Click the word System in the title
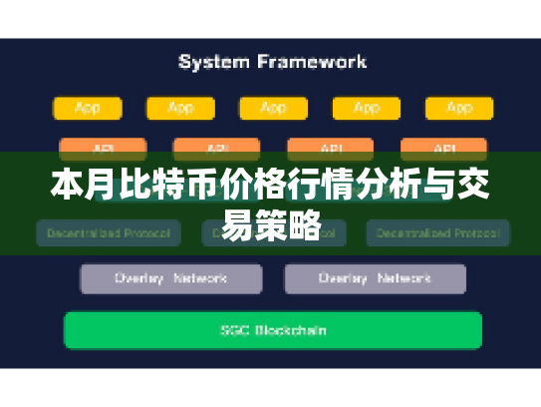pos(213,62)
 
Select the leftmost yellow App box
pos(87,108)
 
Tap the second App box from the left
pos(179,108)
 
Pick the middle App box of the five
pos(272,108)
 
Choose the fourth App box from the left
pos(365,108)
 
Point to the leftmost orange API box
pos(103,148)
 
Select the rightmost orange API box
pos(444,148)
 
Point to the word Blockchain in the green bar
pos(291,330)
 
